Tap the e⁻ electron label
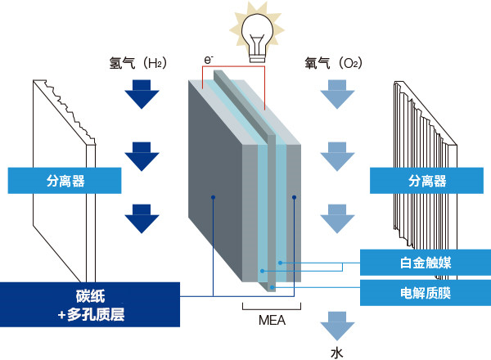210,59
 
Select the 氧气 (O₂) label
334,62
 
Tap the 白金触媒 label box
425,263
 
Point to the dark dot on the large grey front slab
212,197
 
